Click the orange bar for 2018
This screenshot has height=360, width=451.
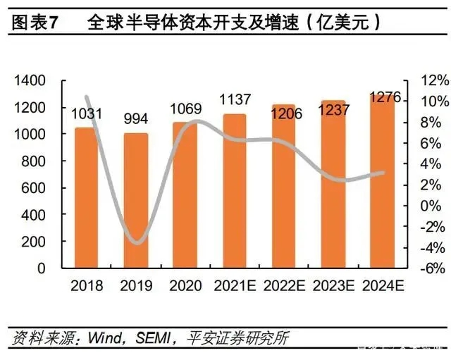[86, 197]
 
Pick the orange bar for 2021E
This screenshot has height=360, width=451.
[235, 190]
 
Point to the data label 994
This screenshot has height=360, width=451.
[136, 118]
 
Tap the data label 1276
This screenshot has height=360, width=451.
[384, 98]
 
